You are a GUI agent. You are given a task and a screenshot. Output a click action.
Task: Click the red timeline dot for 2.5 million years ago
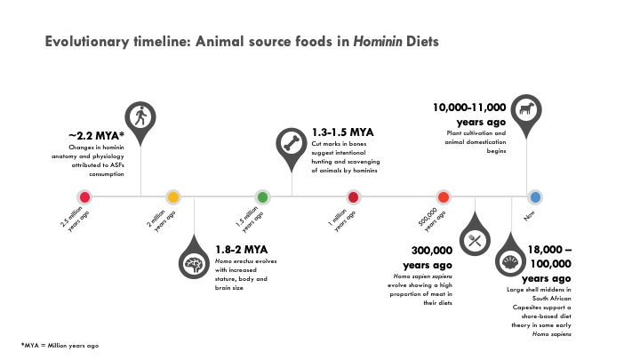84,196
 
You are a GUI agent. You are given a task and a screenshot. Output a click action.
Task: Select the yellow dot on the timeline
174,196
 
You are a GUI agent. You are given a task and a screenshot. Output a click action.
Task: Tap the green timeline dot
263,196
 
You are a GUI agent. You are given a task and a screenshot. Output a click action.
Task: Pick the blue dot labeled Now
535,196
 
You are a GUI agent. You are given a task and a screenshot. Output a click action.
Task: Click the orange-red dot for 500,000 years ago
443,196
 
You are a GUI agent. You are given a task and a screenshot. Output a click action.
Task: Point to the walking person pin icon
140,116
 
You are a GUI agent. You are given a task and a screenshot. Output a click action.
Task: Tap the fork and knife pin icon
474,239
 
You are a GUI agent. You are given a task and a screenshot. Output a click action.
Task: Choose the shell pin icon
510,263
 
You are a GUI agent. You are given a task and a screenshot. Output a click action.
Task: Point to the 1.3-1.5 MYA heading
342,132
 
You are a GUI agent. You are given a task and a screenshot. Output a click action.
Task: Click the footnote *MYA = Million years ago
60,344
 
